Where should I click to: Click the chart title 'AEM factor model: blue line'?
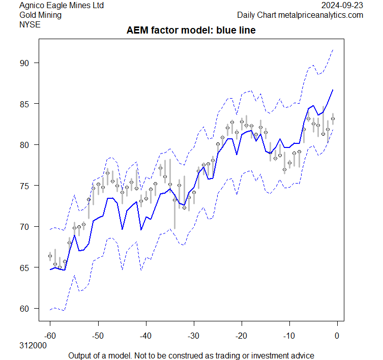[x=191, y=31]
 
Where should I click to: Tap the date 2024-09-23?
[x=343, y=5]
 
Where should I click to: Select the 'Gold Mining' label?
[x=40, y=15]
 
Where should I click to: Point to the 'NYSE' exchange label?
[x=29, y=24]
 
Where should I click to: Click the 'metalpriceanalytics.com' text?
[x=320, y=15]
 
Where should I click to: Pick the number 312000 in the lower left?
[x=33, y=345]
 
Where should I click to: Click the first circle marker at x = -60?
[x=50, y=256]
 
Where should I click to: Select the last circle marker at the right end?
[x=333, y=118]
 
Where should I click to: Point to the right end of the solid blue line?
[x=333, y=90]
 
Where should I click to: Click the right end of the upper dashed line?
[x=333, y=50]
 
